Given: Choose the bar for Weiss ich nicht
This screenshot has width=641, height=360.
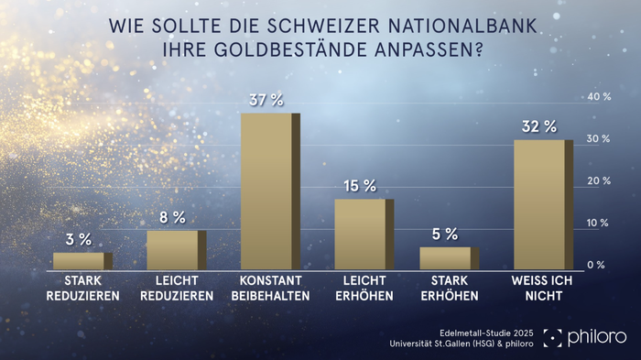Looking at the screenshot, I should point(541,204).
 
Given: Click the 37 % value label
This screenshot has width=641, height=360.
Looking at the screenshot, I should point(265,98).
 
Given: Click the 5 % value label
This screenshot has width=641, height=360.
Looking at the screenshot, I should point(444,234).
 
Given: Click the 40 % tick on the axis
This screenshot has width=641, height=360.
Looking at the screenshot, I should point(599,96).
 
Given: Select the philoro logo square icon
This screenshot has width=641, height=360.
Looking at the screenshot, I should point(554,338).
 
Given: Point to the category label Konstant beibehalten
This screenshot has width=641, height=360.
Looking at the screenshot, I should point(271,288).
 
